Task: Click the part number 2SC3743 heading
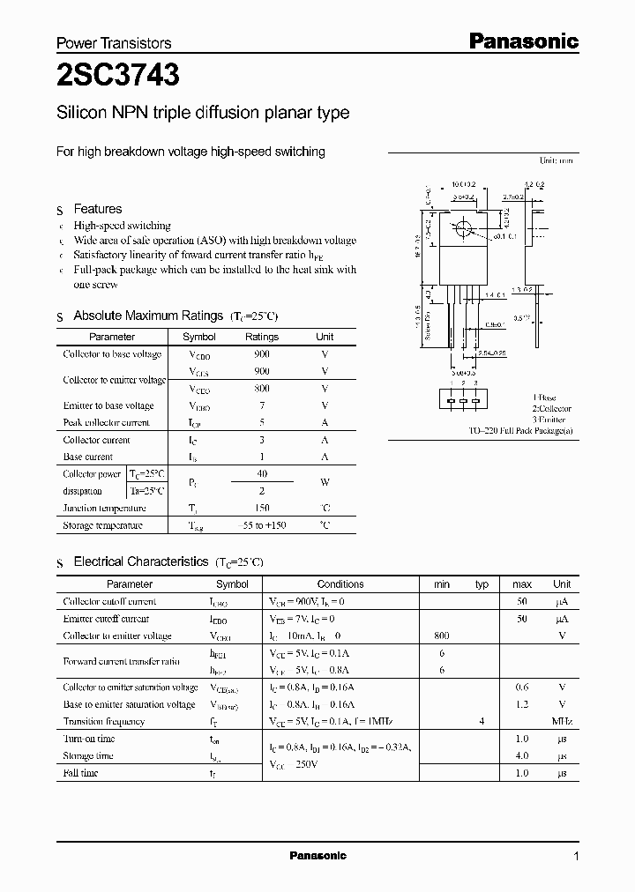tap(118, 77)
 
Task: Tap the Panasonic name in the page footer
tap(317, 856)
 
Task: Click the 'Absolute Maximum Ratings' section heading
tap(148, 316)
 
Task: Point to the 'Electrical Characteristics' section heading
tap(141, 561)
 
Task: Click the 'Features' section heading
tap(98, 209)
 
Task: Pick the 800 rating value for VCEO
tap(261, 389)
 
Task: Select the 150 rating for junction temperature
tap(261, 509)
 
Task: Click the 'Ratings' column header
tap(261, 337)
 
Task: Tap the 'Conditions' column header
tap(340, 584)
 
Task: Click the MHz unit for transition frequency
tap(561, 722)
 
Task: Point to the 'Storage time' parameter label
tap(88, 756)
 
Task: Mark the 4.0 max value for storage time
tap(521, 756)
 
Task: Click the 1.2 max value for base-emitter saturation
tap(521, 705)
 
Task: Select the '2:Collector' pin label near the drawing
tap(551, 409)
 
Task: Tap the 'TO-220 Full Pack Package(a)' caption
tap(520, 431)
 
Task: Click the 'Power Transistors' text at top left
tap(114, 43)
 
